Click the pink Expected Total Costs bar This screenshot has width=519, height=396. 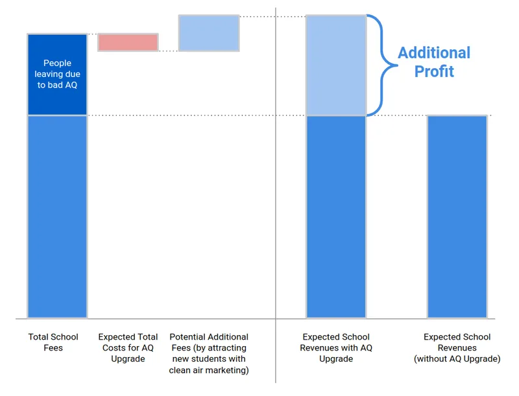(x=128, y=42)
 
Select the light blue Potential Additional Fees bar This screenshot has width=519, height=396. (x=209, y=33)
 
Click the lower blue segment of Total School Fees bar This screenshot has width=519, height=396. (x=57, y=216)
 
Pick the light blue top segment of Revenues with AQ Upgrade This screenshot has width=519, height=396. (x=336, y=65)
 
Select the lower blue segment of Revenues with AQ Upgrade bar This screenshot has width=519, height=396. (x=336, y=216)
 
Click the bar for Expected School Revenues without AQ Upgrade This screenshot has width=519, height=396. (x=457, y=216)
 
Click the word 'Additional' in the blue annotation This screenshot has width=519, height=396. (x=434, y=53)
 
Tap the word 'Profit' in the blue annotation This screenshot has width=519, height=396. (x=434, y=71)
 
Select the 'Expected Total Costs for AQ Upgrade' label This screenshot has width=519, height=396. (x=128, y=347)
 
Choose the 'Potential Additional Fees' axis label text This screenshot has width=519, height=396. (x=209, y=337)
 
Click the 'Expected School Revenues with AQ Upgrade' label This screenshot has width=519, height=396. (x=336, y=347)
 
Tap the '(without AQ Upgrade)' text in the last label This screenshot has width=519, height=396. (x=457, y=358)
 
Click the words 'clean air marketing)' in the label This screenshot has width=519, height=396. (x=209, y=370)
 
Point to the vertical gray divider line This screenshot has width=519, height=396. (x=276, y=194)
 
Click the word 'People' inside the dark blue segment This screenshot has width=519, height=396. (x=57, y=64)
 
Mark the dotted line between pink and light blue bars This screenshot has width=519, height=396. (x=168, y=51)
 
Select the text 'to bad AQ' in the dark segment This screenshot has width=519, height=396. (x=57, y=85)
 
